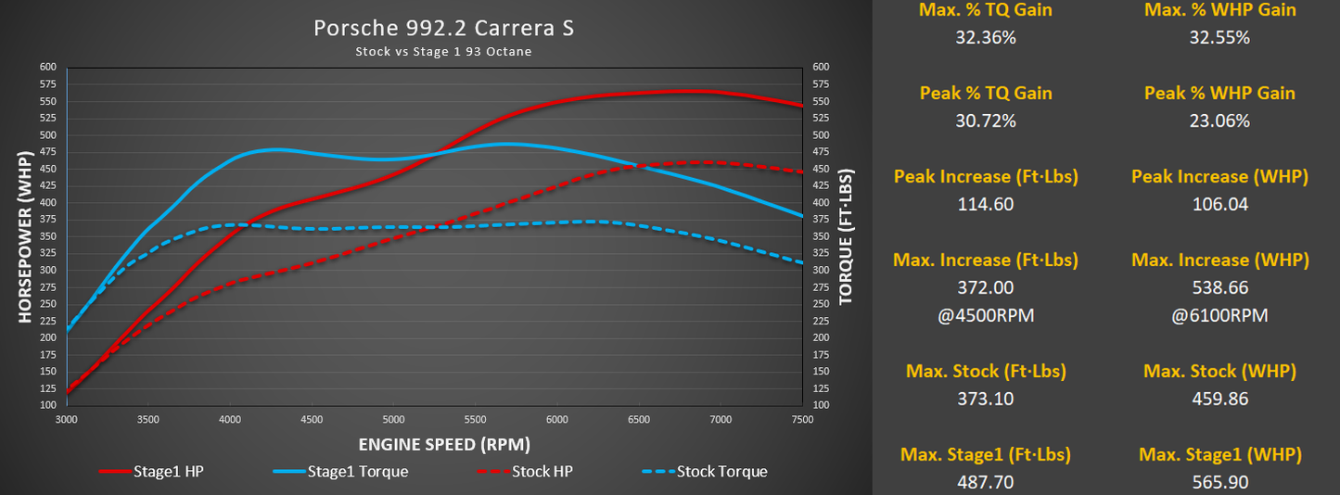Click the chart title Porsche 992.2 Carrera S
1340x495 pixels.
pos(443,28)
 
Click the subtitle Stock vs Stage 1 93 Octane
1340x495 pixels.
pos(443,51)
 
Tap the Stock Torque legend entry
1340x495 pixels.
pos(704,471)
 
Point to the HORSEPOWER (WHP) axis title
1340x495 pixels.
pos(26,236)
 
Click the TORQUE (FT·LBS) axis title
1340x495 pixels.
pos(846,236)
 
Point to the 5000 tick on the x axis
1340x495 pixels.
pos(393,419)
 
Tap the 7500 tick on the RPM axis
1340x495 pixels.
pos(801,419)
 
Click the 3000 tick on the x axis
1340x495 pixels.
pos(67,419)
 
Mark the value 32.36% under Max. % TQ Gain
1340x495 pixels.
pos(986,38)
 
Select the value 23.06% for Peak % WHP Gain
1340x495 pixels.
pos(1219,121)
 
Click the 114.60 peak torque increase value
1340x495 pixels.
pos(986,204)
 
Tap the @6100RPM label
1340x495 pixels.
pos(1219,315)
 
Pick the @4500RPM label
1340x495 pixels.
pos(986,315)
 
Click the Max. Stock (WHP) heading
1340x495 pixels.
pos(1219,371)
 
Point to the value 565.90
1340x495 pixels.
pos(1219,482)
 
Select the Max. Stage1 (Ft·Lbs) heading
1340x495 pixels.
pos(986,454)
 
